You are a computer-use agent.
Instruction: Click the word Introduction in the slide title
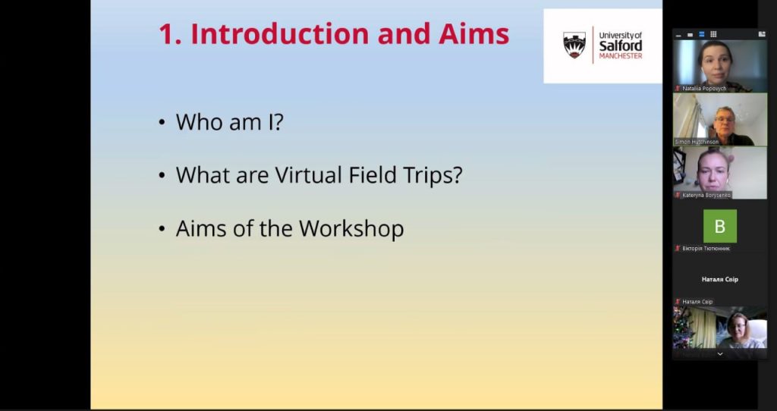[x=280, y=33]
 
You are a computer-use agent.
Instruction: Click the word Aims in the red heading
[x=473, y=33]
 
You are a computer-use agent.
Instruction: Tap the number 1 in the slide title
[x=168, y=34]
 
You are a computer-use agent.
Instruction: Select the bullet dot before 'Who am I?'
[x=162, y=122]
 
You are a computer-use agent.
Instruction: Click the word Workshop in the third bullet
[x=351, y=229]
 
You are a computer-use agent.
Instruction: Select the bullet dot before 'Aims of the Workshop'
[x=162, y=229]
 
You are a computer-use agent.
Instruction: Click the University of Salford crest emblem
[x=574, y=45]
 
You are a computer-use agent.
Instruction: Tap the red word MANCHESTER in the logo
[x=621, y=56]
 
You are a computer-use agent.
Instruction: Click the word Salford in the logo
[x=621, y=45]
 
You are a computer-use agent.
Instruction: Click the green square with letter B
[x=719, y=226]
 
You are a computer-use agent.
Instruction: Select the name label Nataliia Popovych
[x=703, y=89]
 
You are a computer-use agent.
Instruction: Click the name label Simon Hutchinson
[x=697, y=142]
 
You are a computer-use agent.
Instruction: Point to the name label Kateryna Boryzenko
[x=706, y=195]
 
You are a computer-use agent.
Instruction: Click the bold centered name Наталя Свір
[x=719, y=279]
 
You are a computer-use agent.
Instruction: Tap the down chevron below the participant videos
[x=719, y=354]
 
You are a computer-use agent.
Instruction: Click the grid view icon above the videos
[x=713, y=34]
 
